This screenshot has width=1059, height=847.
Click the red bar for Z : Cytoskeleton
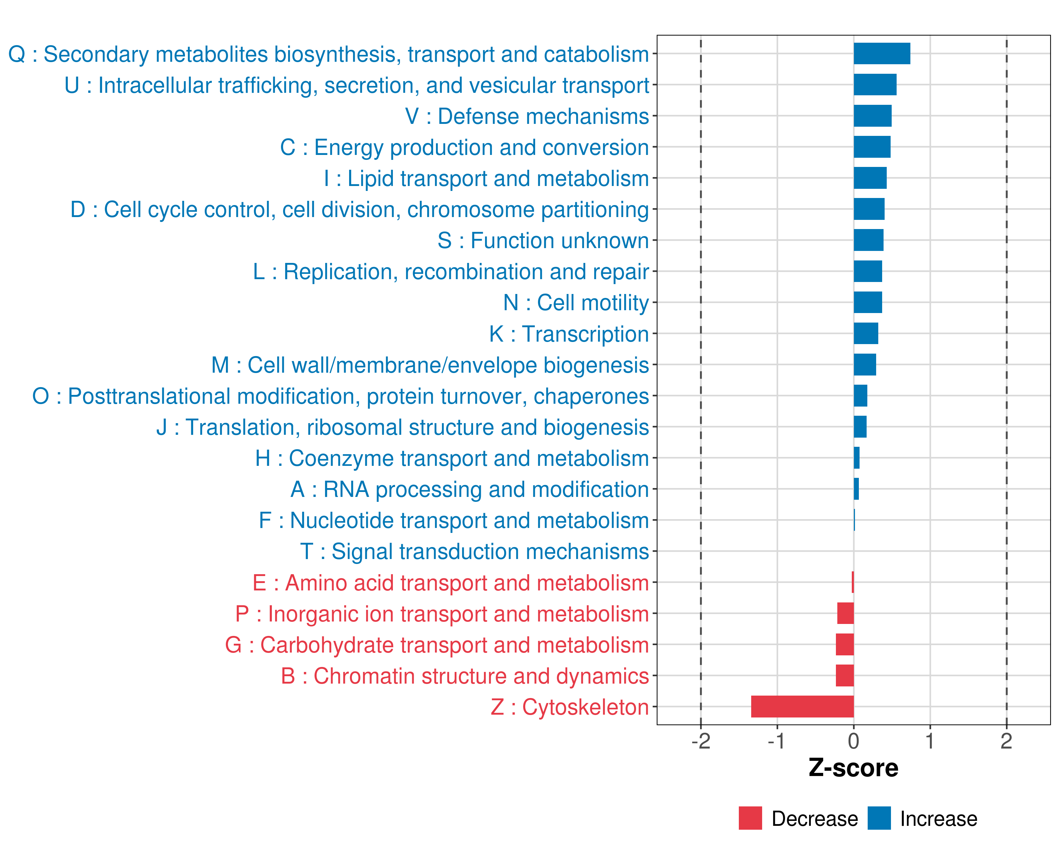(x=802, y=707)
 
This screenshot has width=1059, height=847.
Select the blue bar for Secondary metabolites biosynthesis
(x=882, y=54)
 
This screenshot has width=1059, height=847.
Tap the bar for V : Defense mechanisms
(x=872, y=116)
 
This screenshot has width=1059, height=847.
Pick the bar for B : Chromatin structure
(x=845, y=675)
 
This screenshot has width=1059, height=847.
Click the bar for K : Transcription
(x=866, y=334)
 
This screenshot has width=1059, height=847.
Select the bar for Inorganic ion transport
(x=845, y=613)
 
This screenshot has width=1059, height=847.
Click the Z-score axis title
(x=853, y=768)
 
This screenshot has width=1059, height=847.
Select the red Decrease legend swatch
(x=750, y=818)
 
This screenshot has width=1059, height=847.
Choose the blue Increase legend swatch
(x=879, y=818)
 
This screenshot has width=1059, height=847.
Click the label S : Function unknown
(x=543, y=241)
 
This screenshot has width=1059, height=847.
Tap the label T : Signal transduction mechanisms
(x=474, y=551)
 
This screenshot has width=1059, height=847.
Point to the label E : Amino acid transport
(x=450, y=583)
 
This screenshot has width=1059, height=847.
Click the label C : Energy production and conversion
(x=464, y=147)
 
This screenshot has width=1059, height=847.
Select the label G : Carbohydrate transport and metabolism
(x=437, y=645)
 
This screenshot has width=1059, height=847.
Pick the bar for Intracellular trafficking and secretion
(x=875, y=84)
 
